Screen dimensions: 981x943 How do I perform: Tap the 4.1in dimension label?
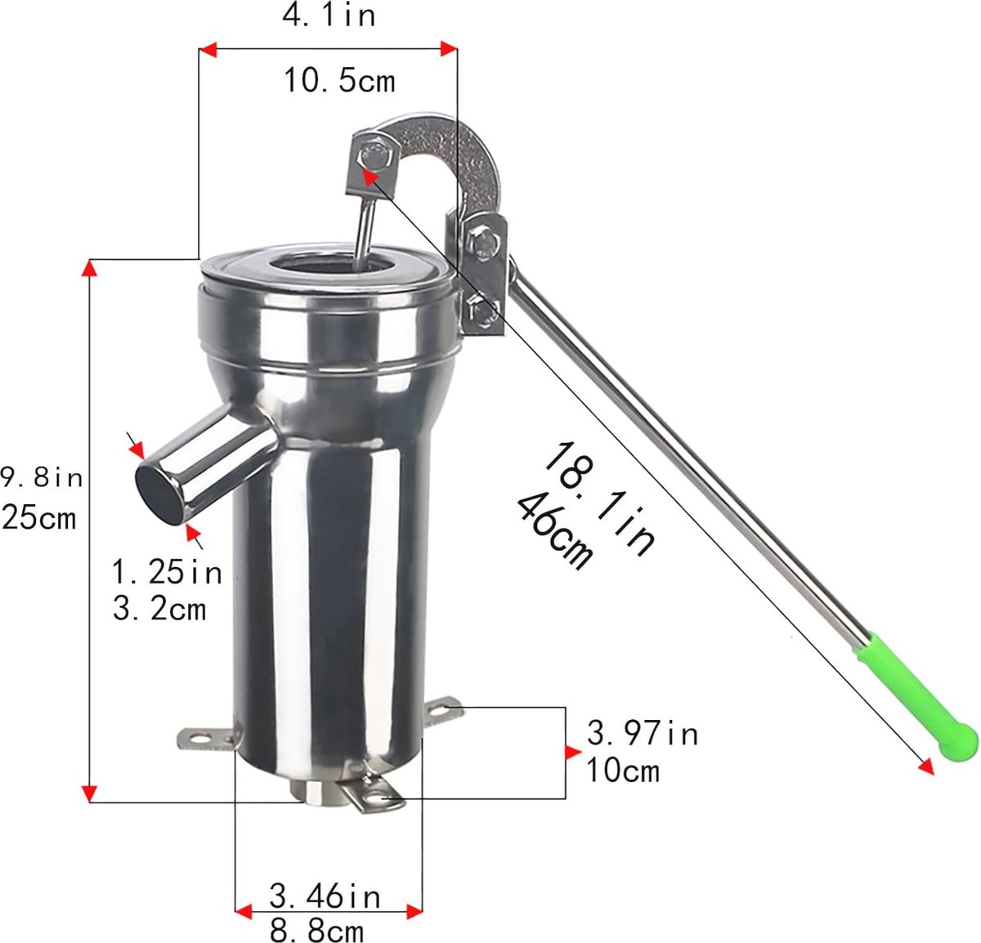329,16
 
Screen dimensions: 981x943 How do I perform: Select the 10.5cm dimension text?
339,81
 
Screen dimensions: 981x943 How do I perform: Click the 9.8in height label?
42,477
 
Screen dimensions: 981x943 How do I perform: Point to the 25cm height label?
38,517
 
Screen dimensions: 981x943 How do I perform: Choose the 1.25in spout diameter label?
167,573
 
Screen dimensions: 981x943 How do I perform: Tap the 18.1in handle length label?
599,498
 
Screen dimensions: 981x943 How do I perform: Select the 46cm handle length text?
553,532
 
